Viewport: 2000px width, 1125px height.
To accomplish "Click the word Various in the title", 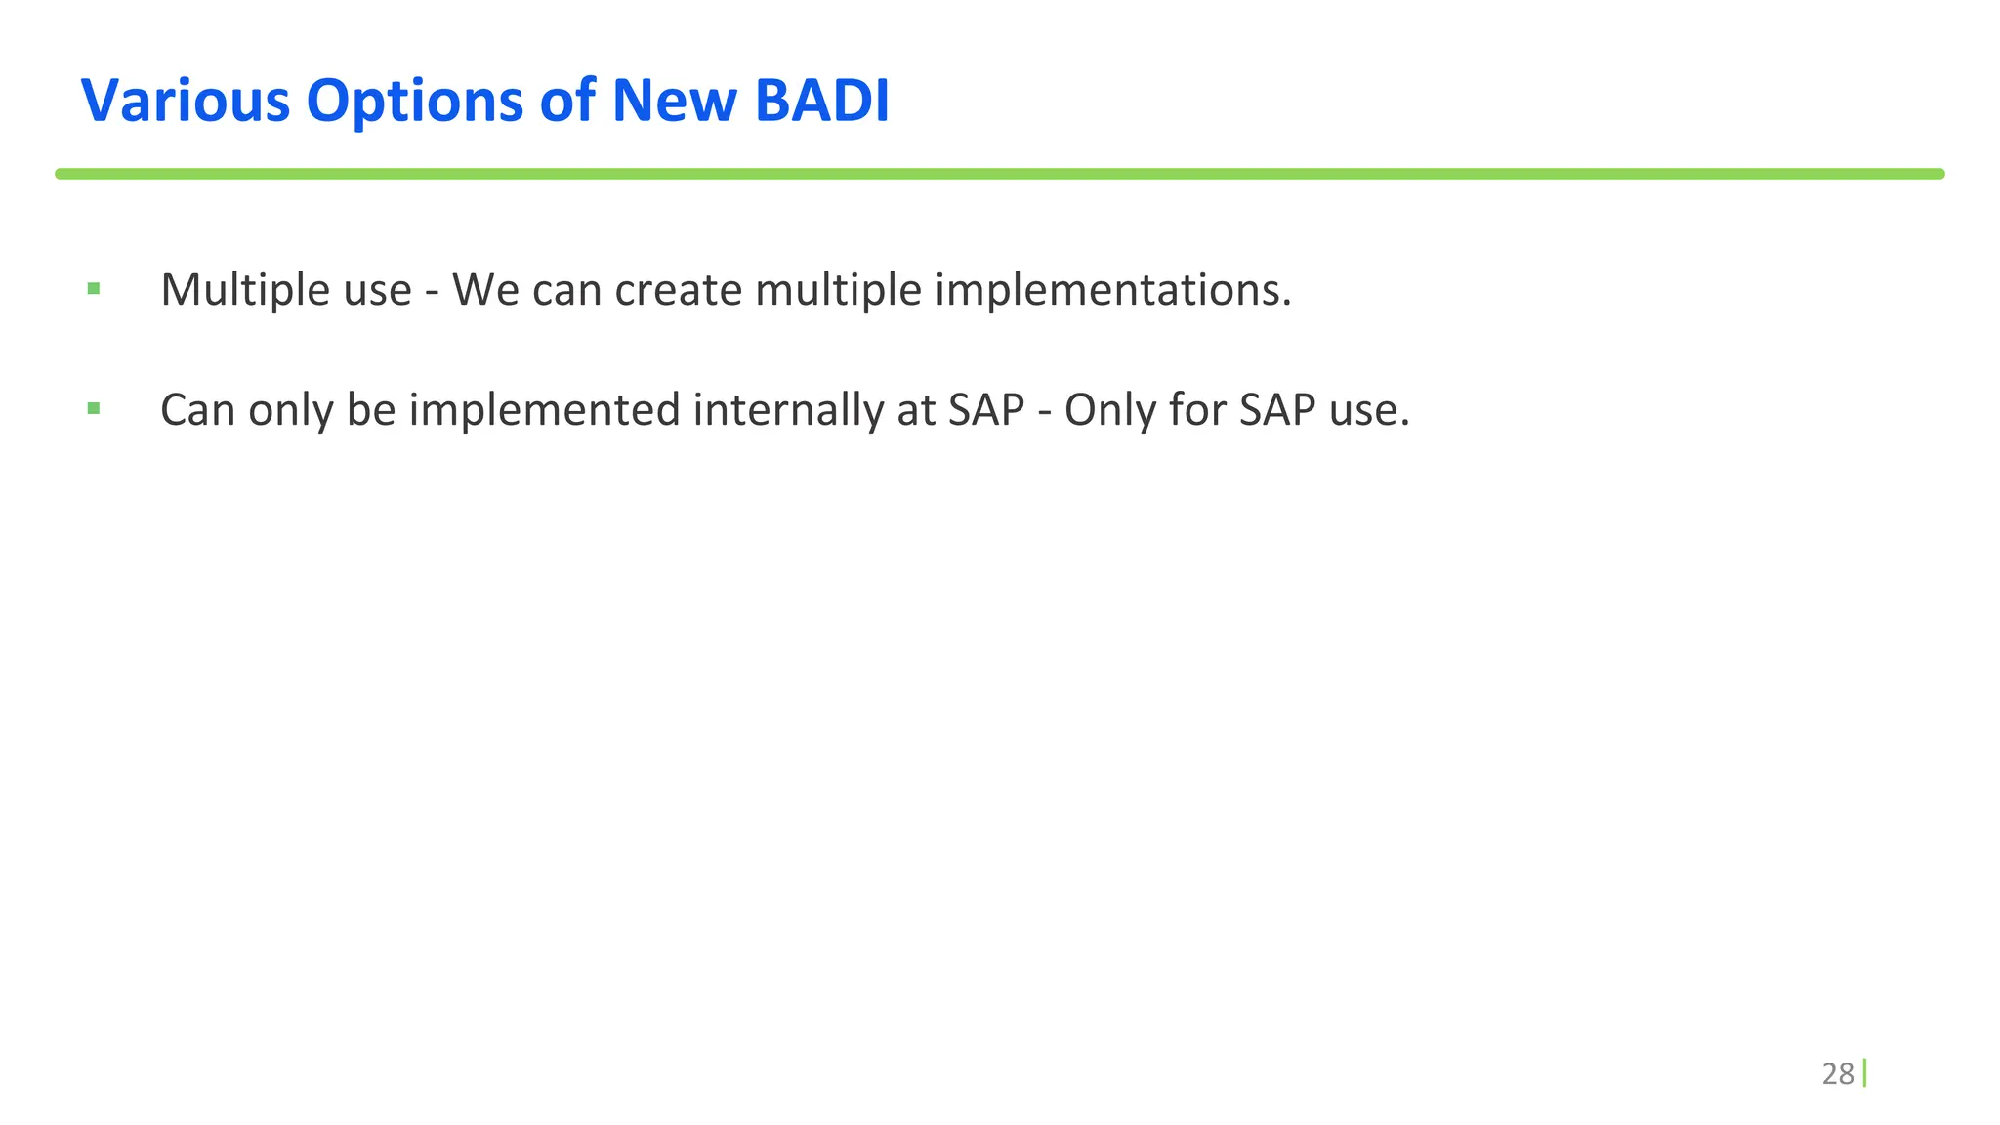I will pyautogui.click(x=185, y=101).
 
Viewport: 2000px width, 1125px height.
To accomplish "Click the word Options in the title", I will pyautogui.click(x=415, y=101).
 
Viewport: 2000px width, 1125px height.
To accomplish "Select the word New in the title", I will pyautogui.click(x=674, y=101).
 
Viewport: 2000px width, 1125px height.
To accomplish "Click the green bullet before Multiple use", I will pyautogui.click(x=94, y=288).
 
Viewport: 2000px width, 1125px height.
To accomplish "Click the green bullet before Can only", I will pyautogui.click(x=94, y=408).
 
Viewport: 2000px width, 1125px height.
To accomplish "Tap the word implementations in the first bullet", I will pyautogui.click(x=1113, y=290).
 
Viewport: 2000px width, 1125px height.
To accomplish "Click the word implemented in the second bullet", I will pyautogui.click(x=544, y=410).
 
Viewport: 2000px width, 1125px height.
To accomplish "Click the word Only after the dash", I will pyautogui.click(x=1109, y=410).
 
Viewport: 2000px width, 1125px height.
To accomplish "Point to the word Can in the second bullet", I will pyautogui.click(x=198, y=410).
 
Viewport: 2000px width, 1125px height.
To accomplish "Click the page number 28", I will pyautogui.click(x=1837, y=1074).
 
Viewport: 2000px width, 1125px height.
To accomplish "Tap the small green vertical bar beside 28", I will pyautogui.click(x=1864, y=1073).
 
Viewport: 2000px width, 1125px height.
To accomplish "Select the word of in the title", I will pyautogui.click(x=567, y=101).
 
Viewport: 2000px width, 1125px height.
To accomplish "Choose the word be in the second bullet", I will pyautogui.click(x=370, y=410).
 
